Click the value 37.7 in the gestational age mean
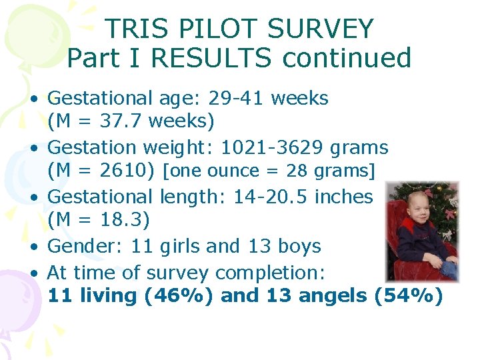coord(119,121)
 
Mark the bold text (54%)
coord(409,295)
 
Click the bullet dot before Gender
coord(33,246)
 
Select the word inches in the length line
coord(344,197)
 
